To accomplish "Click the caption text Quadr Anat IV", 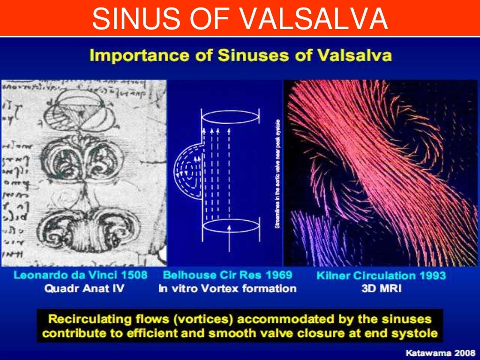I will tap(84, 288).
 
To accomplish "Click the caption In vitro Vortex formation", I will tap(227, 288).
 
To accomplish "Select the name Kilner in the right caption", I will tap(333, 276).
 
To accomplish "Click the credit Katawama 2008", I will tap(441, 351).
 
